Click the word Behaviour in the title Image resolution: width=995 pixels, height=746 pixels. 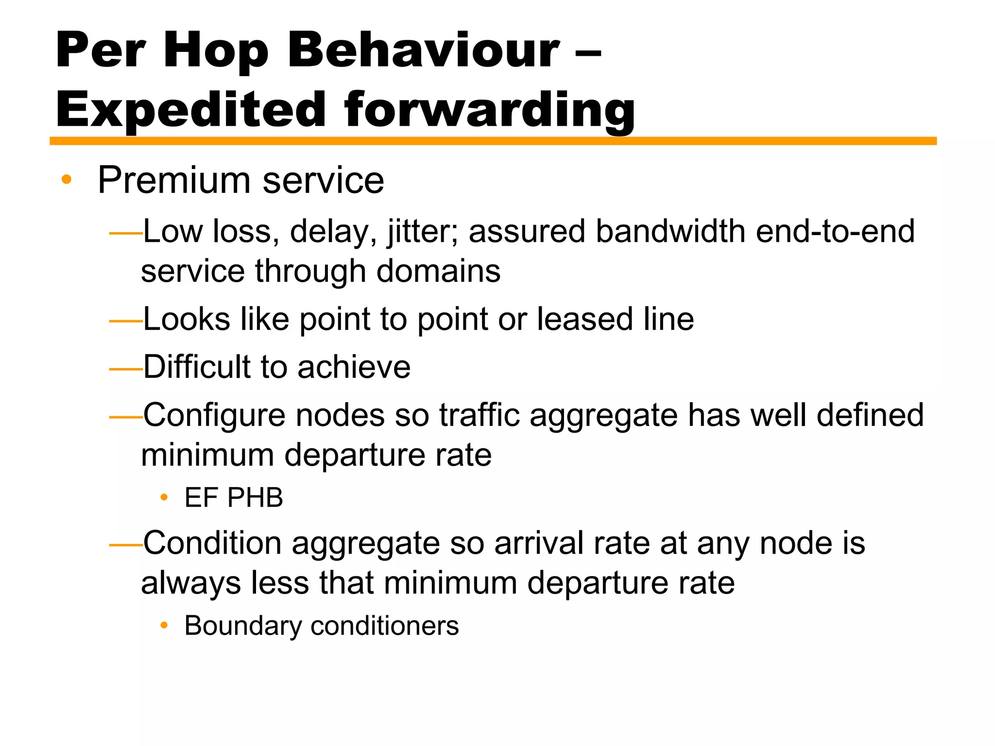coord(424,50)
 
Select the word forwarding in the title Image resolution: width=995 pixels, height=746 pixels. coord(489,110)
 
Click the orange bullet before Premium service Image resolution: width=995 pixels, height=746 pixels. coord(67,180)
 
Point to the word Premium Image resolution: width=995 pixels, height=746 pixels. coord(174,180)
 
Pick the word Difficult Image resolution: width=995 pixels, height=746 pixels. coord(197,367)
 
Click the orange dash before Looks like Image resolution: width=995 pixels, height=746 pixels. coord(125,321)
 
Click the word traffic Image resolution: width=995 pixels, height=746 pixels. coord(479,415)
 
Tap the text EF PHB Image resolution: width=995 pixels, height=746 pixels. coord(234,498)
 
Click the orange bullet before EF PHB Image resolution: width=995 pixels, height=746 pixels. coord(164,497)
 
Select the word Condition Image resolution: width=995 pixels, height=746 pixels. coord(212,543)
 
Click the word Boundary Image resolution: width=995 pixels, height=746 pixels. coord(243,626)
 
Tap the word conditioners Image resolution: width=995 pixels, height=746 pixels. coord(384,626)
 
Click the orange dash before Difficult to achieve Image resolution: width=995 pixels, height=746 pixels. coord(125,369)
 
